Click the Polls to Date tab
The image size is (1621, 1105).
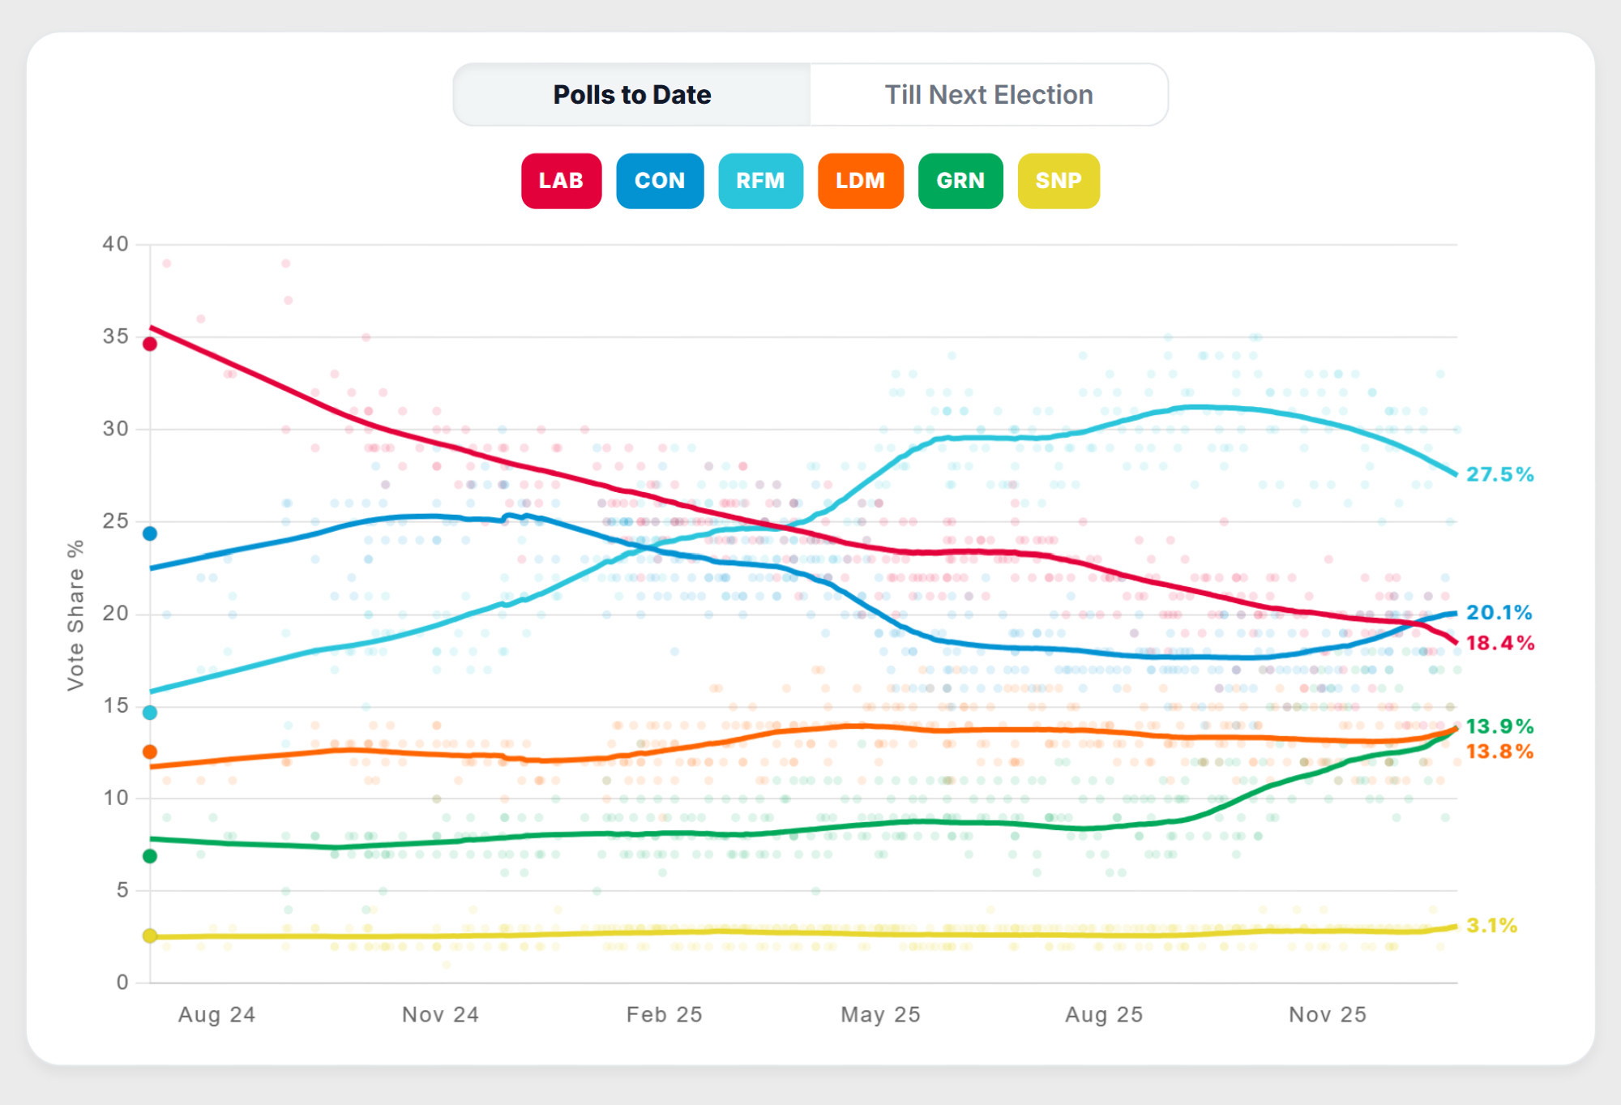631,95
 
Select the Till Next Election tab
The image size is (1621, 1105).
988,95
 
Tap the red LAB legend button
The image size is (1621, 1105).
561,181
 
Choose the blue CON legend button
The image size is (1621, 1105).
660,181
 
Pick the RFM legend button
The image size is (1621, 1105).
760,181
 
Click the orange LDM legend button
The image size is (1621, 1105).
860,181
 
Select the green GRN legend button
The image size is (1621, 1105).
960,181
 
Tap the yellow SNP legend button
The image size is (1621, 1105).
1059,181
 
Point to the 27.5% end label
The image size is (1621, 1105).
1499,474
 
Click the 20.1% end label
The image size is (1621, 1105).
1499,613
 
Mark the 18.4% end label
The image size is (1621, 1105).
1499,643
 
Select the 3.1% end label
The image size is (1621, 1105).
1491,925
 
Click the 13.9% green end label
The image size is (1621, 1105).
1499,726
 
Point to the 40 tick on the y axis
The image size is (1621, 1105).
115,244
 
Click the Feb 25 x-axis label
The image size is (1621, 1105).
664,1014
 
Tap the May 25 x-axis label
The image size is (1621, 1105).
880,1014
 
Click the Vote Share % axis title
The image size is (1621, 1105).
75,615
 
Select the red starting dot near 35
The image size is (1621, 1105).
150,344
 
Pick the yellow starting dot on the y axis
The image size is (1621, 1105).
150,936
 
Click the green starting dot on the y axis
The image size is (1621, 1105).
150,856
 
